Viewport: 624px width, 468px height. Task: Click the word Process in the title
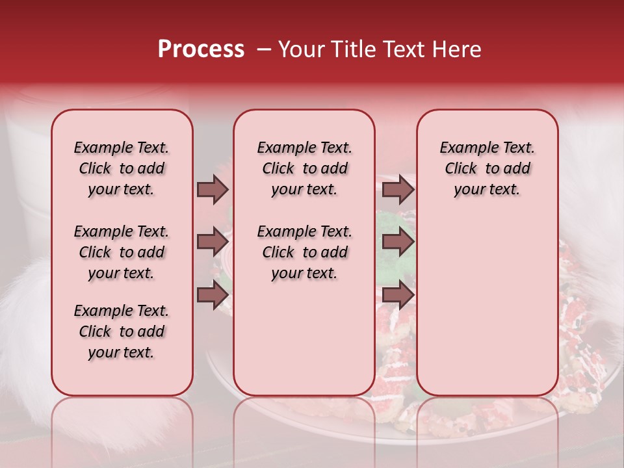click(200, 49)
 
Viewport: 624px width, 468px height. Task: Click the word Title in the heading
click(350, 49)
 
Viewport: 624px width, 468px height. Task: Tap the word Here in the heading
click(456, 49)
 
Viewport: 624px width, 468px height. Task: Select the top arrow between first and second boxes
click(213, 189)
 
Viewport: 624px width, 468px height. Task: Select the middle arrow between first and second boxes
click(213, 242)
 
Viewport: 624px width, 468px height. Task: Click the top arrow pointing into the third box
click(398, 189)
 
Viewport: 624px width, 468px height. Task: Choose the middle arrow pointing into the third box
click(398, 242)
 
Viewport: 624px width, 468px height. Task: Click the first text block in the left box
click(122, 168)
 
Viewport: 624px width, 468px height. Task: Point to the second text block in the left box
click(122, 252)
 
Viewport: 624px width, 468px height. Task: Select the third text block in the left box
click(122, 331)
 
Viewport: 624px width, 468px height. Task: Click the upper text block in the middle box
click(304, 168)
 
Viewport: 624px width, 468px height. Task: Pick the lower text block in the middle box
click(304, 252)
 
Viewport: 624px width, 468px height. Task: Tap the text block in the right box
click(487, 168)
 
